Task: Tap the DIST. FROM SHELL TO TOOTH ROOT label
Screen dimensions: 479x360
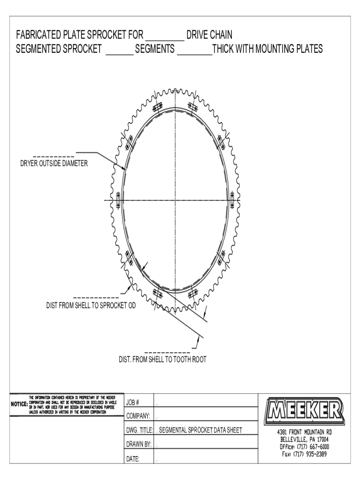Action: point(162,359)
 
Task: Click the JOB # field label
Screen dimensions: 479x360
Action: point(133,403)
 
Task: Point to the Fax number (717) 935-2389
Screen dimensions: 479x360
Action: point(304,454)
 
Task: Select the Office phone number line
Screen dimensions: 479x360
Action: point(304,447)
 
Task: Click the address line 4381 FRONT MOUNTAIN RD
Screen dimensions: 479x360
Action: point(304,432)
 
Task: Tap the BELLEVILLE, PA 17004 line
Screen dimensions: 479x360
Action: point(304,440)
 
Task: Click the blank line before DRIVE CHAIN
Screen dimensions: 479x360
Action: point(165,39)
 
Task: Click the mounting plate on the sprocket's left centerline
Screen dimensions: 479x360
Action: point(118,200)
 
